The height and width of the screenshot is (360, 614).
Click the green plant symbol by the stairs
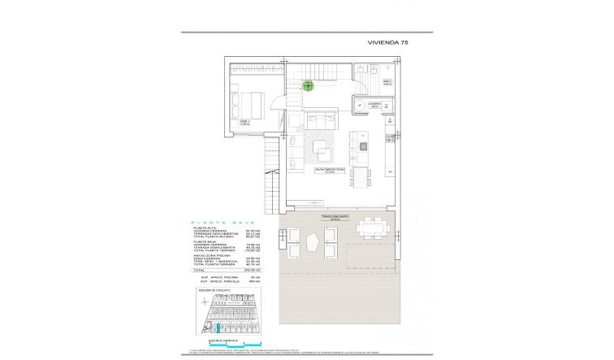pos(309,85)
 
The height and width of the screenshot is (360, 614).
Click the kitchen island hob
pos(363,146)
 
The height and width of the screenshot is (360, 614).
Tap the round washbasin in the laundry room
pos(359,106)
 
